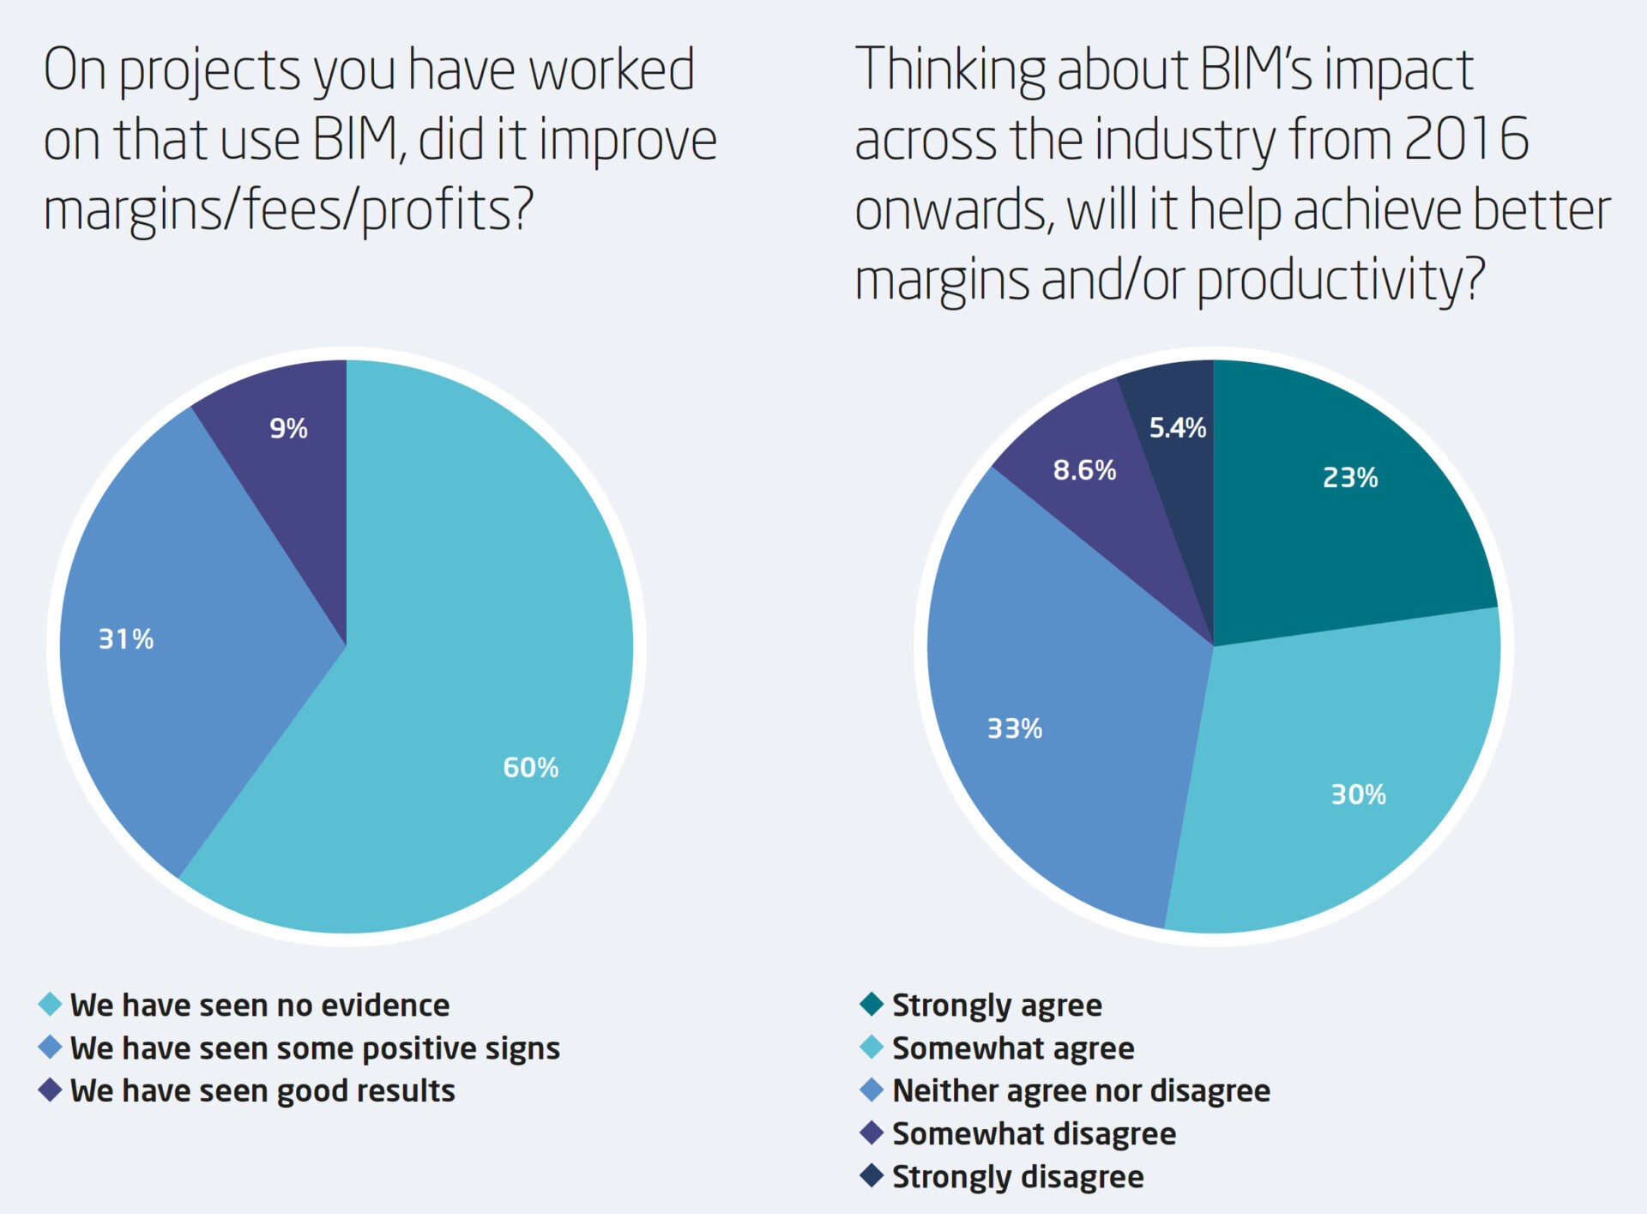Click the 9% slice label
288,428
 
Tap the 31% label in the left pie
126,639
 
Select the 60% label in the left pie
530,767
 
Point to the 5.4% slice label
1177,427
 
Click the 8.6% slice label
1084,470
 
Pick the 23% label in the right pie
1350,477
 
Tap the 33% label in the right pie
1015,728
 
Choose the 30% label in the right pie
1358,794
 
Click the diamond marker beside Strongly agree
872,1004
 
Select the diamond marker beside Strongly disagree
872,1175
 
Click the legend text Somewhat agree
1013,1048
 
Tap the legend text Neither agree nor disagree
1081,1090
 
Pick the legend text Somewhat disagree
1034,1133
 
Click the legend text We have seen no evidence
260,1005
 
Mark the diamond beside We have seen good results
51,1090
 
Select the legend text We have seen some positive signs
315,1048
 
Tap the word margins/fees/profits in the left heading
288,210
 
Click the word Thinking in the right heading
950,70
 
